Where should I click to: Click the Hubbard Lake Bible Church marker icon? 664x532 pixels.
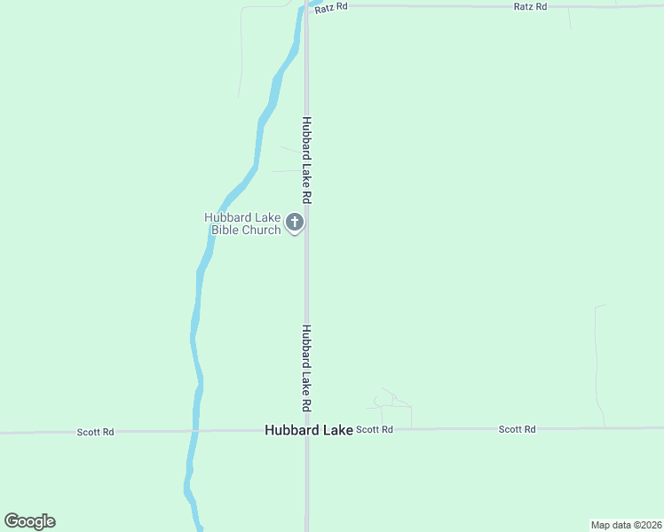295,223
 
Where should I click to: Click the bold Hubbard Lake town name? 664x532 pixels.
308,430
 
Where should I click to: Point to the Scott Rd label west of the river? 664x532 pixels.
95,432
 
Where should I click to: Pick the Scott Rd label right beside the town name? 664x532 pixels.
374,429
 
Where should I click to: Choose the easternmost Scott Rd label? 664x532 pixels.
517,429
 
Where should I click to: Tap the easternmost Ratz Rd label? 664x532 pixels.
531,6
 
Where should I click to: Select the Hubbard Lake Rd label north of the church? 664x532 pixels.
306,160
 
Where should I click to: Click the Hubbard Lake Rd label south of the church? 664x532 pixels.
306,367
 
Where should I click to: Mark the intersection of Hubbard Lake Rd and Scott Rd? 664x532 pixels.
307,430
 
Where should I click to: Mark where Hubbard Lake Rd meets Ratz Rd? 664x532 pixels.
307,6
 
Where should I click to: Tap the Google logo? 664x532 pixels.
30,521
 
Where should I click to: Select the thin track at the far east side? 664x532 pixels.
597,364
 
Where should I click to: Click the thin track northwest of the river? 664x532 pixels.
241,53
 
